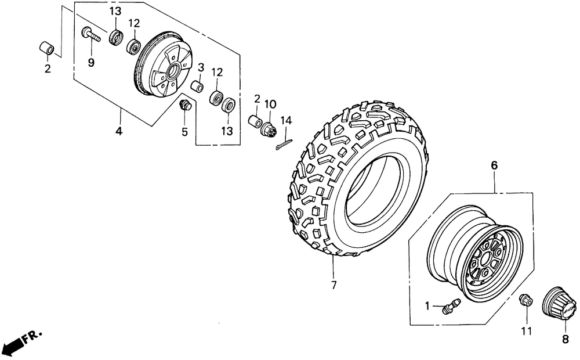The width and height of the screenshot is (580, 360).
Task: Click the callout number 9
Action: point(91,63)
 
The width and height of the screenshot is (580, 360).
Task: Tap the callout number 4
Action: point(118,131)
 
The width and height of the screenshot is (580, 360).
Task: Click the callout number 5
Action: point(184,132)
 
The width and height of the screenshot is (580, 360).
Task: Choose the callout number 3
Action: point(200,67)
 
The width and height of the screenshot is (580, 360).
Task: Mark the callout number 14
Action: point(285,121)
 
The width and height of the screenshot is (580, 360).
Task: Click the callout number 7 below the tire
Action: point(333,286)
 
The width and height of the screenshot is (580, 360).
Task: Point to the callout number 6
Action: point(494,166)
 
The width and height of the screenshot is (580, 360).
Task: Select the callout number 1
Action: point(427,306)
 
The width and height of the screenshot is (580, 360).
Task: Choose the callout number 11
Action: point(526,332)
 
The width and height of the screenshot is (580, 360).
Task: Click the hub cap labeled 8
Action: point(560,303)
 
